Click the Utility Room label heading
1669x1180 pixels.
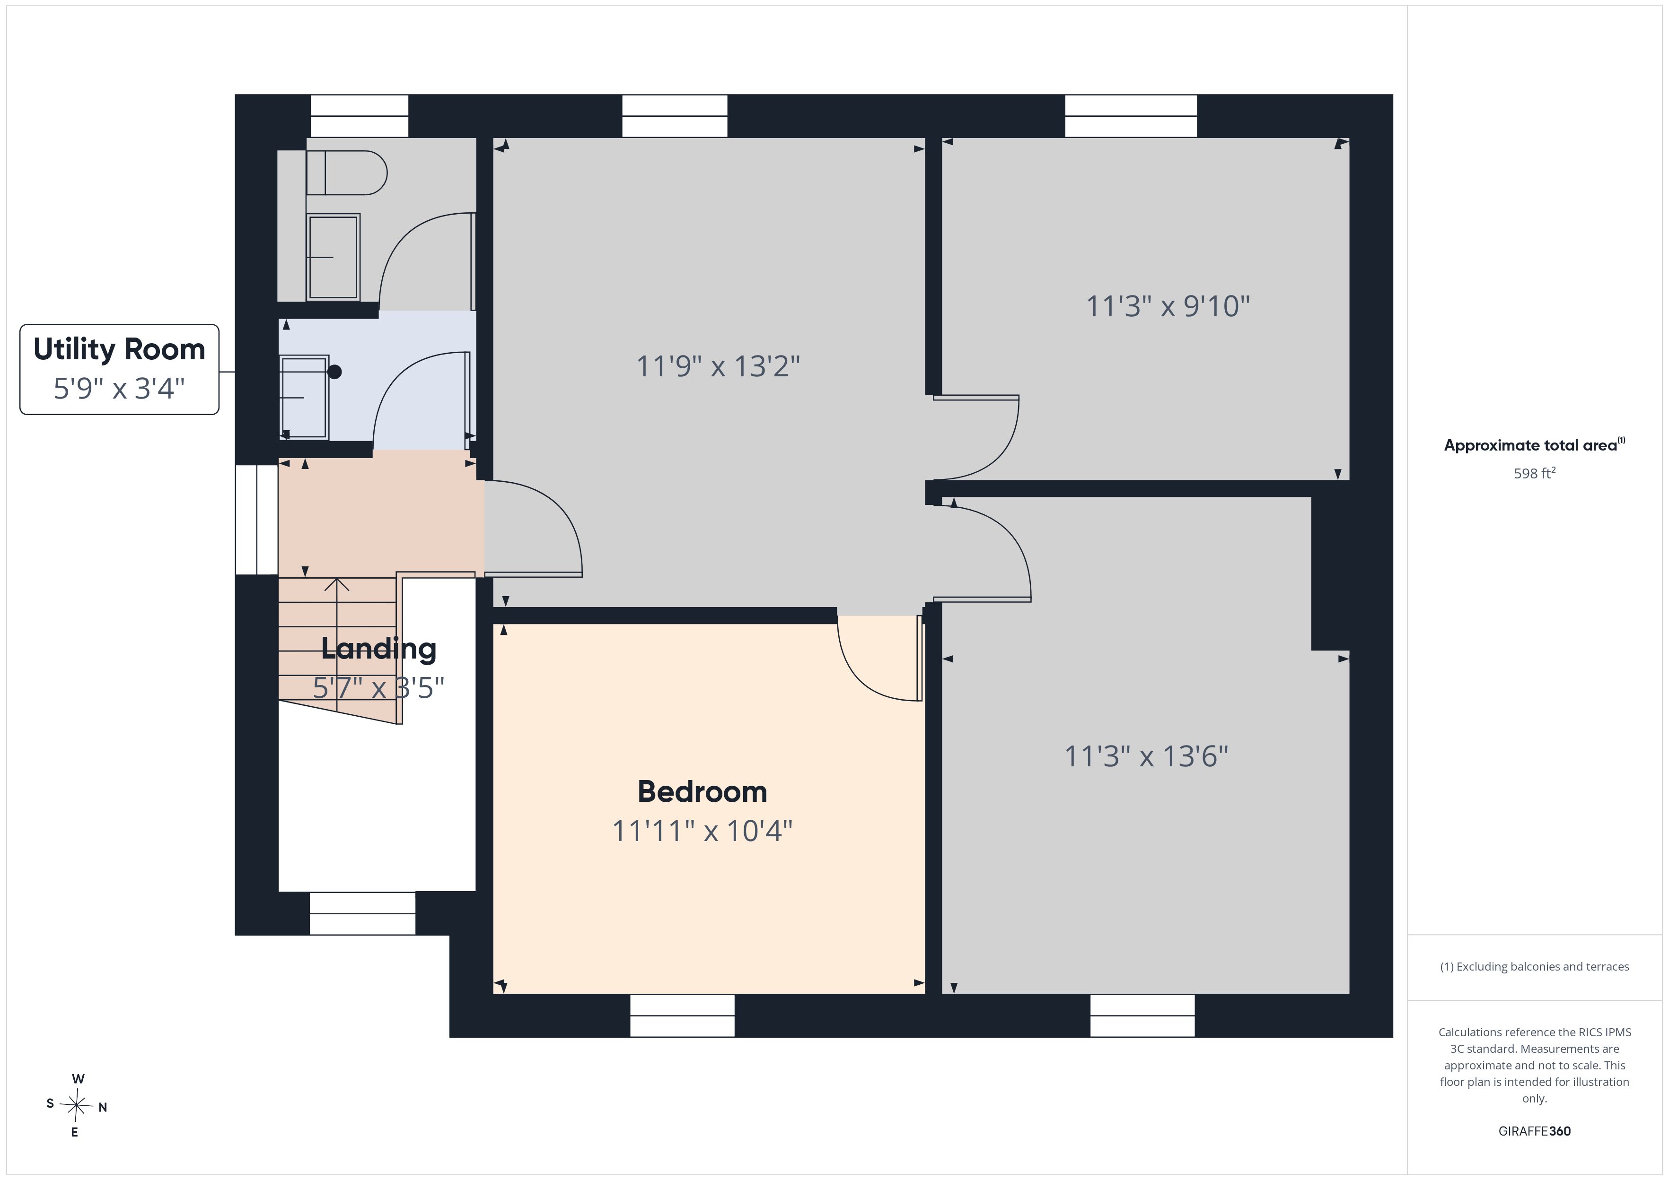pyautogui.click(x=119, y=349)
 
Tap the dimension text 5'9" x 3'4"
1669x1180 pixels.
pyautogui.click(x=119, y=389)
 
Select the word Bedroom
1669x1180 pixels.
pyautogui.click(x=702, y=791)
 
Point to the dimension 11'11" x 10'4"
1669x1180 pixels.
pyautogui.click(x=702, y=831)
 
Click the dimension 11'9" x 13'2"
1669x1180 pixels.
pyautogui.click(x=718, y=366)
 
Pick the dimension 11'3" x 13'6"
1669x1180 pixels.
pyautogui.click(x=1146, y=756)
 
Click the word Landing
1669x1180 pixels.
pyautogui.click(x=379, y=649)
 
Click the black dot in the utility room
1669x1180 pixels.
pyautogui.click(x=334, y=372)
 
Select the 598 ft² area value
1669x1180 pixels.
pyautogui.click(x=1535, y=473)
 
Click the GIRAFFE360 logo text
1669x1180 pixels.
pyautogui.click(x=1535, y=1130)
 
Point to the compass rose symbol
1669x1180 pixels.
pyautogui.click(x=76, y=1106)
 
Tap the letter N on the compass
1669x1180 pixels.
pyautogui.click(x=103, y=1107)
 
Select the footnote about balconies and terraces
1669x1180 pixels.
pyautogui.click(x=1535, y=966)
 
